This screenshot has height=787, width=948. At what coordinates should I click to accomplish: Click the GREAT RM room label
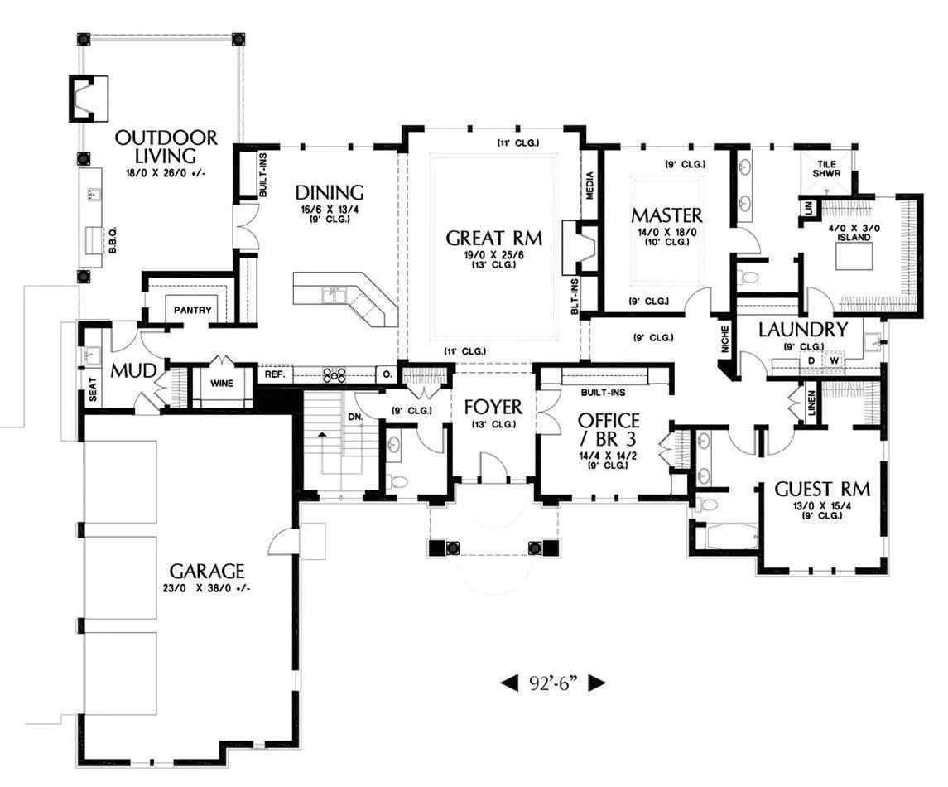pos(493,238)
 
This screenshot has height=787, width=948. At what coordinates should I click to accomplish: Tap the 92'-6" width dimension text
pos(554,683)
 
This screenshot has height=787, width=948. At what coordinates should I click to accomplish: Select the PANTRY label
pos(193,311)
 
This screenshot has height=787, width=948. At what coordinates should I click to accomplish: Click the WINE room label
pos(222,383)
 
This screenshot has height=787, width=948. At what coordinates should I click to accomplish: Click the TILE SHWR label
pos(826,168)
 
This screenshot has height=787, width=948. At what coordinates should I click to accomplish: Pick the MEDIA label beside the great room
pos(590,186)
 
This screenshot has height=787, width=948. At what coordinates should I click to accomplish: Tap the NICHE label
pos(725,339)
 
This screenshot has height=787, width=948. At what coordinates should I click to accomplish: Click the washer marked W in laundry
pos(835,360)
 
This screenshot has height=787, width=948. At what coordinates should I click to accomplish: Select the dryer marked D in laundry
pos(812,360)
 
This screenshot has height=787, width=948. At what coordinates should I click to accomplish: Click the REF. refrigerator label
pos(275,374)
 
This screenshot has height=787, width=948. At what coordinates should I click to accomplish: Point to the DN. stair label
pos(355,417)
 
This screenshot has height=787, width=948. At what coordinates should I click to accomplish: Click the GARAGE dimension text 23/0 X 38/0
pos(206,587)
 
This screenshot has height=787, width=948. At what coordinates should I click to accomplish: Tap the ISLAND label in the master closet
pos(854,237)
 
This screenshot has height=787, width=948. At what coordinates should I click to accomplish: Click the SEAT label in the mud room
pos(93,389)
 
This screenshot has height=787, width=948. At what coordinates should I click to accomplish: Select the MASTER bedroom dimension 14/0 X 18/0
pos(666,232)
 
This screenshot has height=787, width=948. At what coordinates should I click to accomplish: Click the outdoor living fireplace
pos(89,97)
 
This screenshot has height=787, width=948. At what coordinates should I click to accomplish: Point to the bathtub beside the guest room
pos(732,537)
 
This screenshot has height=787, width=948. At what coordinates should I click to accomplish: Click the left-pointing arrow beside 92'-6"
pos(509,683)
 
